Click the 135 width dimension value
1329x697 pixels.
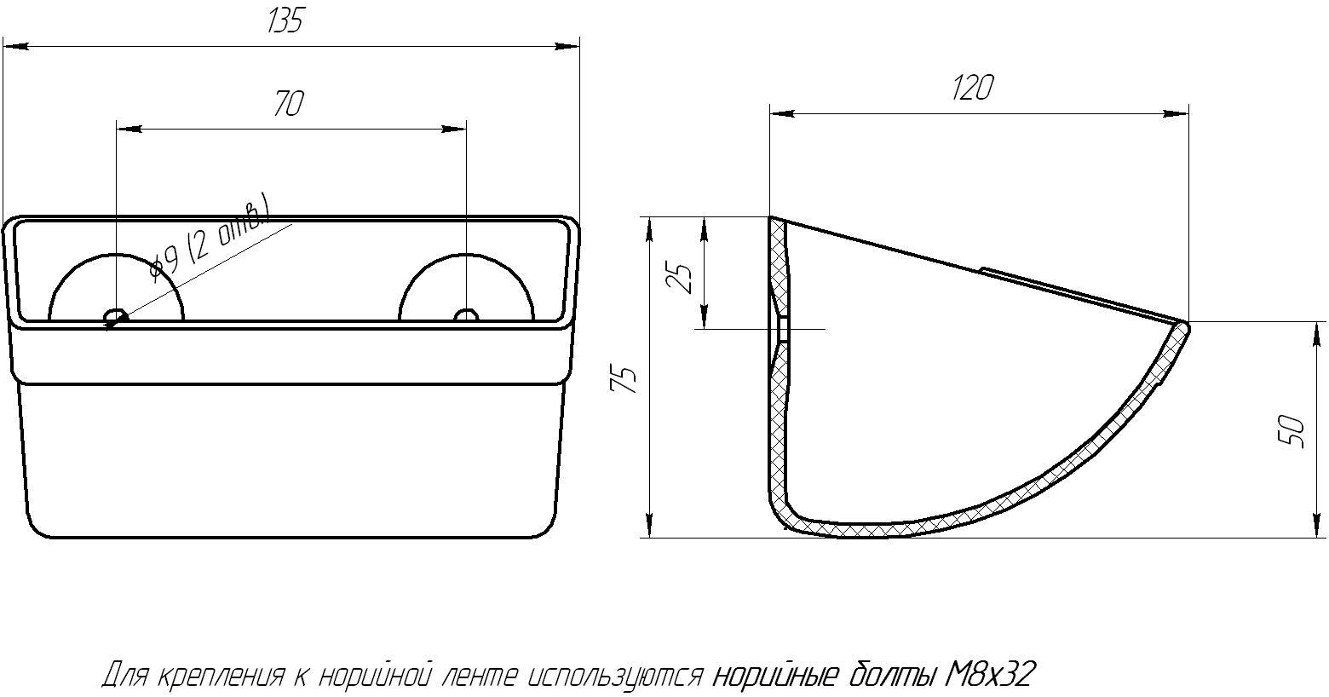coord(285,21)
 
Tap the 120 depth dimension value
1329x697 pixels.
coord(973,87)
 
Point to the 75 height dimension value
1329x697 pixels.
coord(623,380)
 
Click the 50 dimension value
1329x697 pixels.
coord(1292,432)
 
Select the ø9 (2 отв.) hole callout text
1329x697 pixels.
coord(210,239)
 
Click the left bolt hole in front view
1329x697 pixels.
coord(116,316)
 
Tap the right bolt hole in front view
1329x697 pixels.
coord(466,315)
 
